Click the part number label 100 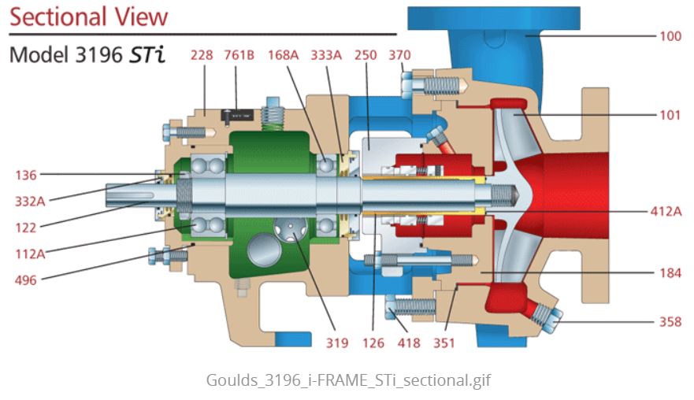point(670,36)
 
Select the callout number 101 point(670,115)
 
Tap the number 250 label point(366,54)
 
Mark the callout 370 point(400,54)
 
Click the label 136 point(25,174)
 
